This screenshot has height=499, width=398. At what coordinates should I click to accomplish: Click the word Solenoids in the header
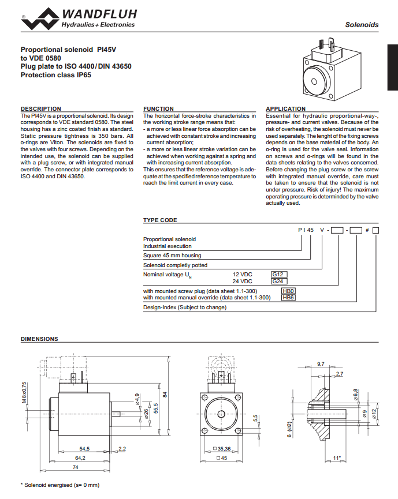(x=362, y=25)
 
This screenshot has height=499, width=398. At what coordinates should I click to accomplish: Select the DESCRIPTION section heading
(x=41, y=108)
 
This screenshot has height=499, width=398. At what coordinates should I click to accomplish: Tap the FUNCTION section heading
(x=159, y=108)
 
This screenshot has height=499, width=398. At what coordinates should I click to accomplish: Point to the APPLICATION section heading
(x=286, y=108)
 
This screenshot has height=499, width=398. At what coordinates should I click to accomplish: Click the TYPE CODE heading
(x=161, y=220)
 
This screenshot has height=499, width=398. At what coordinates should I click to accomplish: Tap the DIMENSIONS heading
(x=39, y=339)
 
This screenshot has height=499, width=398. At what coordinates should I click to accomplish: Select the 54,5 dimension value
(x=84, y=448)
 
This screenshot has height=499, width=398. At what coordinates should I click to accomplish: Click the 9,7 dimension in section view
(x=322, y=364)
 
